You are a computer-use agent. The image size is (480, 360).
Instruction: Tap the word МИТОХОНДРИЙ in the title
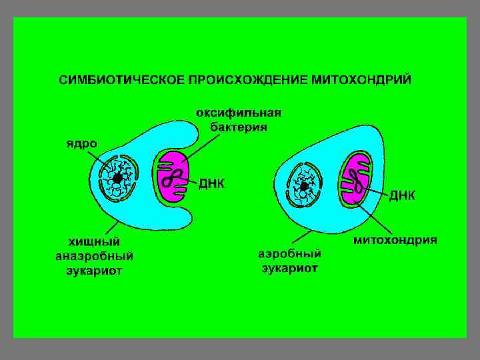coord(361,80)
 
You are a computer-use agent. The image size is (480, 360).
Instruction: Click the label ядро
coord(81,143)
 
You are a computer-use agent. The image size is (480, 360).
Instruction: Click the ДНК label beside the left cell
coord(211,183)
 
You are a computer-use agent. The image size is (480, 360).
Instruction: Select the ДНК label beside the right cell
coord(402,195)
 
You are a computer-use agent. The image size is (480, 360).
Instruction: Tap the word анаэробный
coord(94,255)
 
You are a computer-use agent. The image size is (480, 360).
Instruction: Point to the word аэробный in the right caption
coord(289,254)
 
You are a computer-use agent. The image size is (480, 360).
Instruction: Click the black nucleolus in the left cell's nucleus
coord(117,179)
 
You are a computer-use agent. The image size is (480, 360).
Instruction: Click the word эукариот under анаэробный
coord(94,270)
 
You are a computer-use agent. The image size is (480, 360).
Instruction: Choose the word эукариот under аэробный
coord(289,268)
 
